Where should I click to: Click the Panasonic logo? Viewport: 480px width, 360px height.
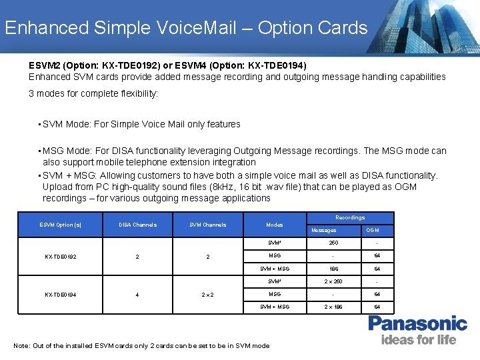coord(417,325)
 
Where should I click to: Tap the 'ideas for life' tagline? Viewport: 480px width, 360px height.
coord(419,340)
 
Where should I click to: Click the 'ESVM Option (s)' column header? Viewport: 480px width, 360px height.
coord(61,225)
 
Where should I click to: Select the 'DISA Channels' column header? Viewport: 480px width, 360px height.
coord(137,225)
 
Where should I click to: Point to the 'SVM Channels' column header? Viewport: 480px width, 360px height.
coord(208,225)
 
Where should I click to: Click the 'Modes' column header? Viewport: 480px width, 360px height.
coord(275,225)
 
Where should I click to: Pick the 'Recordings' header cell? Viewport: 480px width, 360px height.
coord(350,217)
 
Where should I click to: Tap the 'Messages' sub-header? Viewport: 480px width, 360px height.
coord(324,230)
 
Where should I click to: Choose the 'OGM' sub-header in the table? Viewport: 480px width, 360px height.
coord(373,230)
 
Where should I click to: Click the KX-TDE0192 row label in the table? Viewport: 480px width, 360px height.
coord(61,256)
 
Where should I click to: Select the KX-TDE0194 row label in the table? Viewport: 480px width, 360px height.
coord(61,294)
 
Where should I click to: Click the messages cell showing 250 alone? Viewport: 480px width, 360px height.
coord(324,243)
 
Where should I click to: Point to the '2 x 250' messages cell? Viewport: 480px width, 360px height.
coord(324,281)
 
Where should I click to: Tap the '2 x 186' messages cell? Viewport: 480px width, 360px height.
coord(324,307)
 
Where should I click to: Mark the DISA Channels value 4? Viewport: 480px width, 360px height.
coord(137,294)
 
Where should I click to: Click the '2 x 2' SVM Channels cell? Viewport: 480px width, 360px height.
coord(208,294)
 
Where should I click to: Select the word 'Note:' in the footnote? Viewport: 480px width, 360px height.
coord(22,345)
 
